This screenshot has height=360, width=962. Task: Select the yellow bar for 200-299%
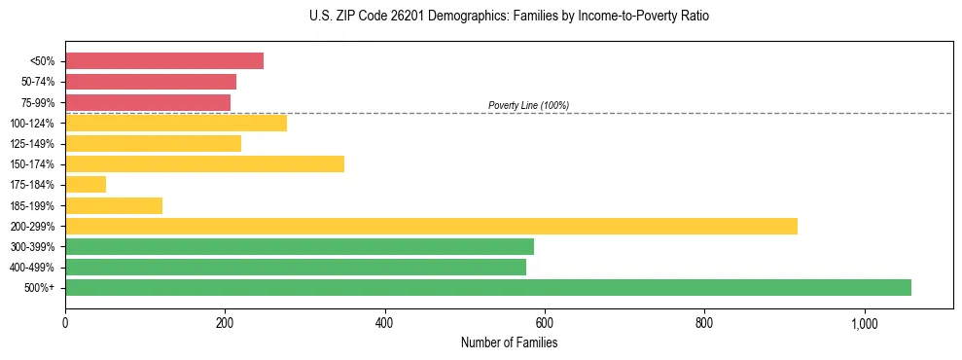[431, 226]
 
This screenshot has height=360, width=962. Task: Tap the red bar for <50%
[164, 61]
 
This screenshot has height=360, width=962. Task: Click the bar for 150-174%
[204, 163]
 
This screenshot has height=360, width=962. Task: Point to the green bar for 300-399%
[300, 246]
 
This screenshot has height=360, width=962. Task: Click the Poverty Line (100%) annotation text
[528, 105]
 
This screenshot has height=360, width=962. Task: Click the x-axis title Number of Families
[509, 343]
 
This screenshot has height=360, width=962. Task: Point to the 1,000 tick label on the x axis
[864, 323]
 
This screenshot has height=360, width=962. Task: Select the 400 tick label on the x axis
[385, 323]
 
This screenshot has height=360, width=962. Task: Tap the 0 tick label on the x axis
[65, 323]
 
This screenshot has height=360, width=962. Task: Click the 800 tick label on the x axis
[704, 323]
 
